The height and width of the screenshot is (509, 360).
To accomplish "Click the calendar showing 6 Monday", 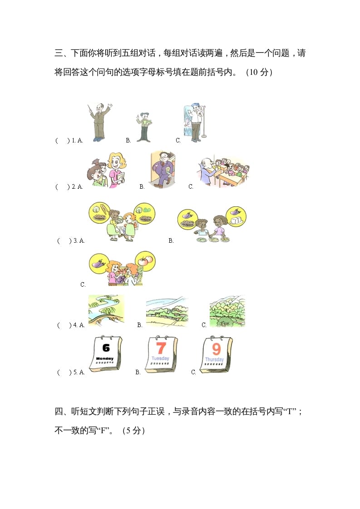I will (106, 355).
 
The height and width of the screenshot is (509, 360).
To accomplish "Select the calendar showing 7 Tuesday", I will (161, 355).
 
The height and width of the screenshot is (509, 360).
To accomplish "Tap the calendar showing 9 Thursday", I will (217, 355).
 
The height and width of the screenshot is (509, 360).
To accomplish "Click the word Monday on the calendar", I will (105, 358).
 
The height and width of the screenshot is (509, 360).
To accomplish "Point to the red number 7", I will (161, 348).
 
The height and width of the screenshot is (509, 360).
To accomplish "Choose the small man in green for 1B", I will (144, 127).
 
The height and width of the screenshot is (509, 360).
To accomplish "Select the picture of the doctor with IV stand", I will (194, 123).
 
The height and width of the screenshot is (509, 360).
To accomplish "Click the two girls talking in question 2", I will (107, 170).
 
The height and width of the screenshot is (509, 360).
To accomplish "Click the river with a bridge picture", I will (106, 310).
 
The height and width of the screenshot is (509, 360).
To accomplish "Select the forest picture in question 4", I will (227, 311).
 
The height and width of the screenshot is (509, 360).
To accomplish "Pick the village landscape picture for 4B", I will (167, 312).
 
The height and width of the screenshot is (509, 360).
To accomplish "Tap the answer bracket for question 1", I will (62, 141).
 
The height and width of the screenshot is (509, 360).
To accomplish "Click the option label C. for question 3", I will (83, 285).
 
